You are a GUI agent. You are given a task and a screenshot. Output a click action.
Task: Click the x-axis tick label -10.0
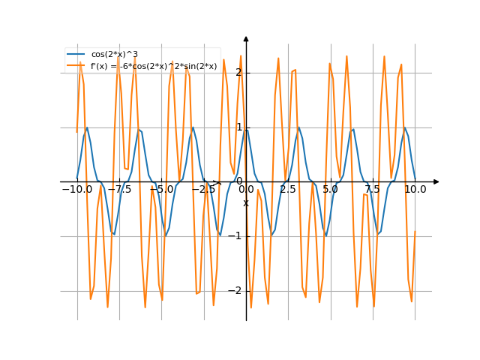(76, 190)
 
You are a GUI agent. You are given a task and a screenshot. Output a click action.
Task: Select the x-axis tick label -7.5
(118, 190)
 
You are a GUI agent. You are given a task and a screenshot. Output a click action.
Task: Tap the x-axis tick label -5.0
(161, 190)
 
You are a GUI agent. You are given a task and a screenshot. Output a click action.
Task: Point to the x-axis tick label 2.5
(288, 190)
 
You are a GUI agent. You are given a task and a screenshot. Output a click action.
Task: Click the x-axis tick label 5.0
(331, 190)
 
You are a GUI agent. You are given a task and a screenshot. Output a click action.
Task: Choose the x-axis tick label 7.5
(373, 190)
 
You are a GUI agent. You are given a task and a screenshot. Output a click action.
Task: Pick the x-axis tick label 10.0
(415, 190)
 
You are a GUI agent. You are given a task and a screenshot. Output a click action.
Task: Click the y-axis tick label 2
(238, 73)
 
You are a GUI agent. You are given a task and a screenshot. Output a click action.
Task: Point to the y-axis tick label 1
(238, 127)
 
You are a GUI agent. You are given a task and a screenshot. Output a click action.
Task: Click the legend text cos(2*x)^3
(114, 55)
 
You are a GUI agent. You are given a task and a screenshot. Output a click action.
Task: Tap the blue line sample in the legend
(76, 55)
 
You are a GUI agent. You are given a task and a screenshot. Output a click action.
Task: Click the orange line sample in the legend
(76, 67)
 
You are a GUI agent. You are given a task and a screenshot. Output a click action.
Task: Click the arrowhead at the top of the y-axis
(246, 38)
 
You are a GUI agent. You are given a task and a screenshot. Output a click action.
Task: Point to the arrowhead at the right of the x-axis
(436, 181)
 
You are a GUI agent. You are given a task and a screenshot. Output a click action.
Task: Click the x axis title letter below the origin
(245, 203)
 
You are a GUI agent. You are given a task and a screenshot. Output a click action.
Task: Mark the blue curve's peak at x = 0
(246, 127)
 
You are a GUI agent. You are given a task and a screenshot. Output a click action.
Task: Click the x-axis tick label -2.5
(203, 190)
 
